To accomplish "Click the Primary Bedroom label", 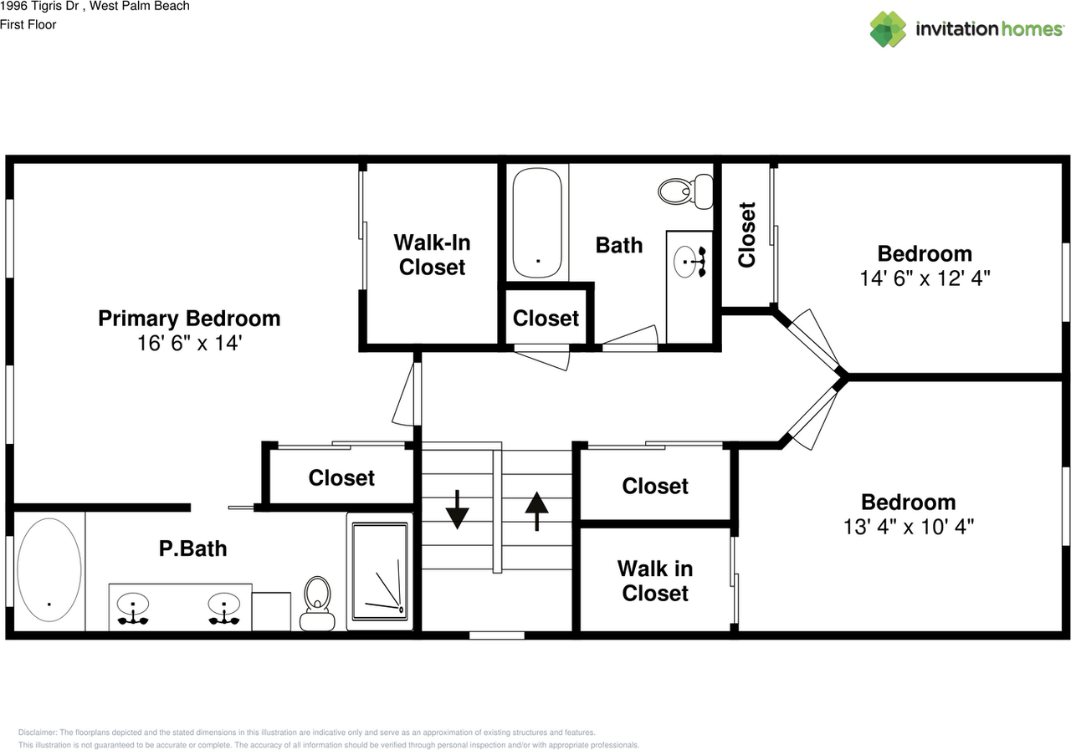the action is tap(189, 319).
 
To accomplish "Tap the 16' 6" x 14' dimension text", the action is tap(190, 343).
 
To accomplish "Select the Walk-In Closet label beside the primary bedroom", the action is tap(433, 255).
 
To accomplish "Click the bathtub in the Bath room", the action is tap(537, 222).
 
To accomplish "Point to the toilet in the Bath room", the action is tap(685, 191).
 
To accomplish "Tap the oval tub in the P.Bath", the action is tap(49, 569).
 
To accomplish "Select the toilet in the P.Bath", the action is tap(317, 604).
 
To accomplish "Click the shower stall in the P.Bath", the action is tap(380, 572).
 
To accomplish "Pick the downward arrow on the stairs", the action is tap(457, 509).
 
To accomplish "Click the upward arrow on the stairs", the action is tap(536, 511).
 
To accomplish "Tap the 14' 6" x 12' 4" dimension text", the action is tap(925, 278).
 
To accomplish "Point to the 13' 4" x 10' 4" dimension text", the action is tap(909, 527).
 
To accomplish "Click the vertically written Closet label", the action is tap(747, 235).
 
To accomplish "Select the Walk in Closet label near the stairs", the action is tap(655, 581).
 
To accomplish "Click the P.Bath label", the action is tap(192, 548).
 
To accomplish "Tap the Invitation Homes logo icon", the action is tap(888, 29).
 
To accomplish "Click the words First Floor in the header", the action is tap(28, 25).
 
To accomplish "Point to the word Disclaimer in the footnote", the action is tap(38, 732).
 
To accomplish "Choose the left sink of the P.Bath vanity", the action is tap(133, 608).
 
